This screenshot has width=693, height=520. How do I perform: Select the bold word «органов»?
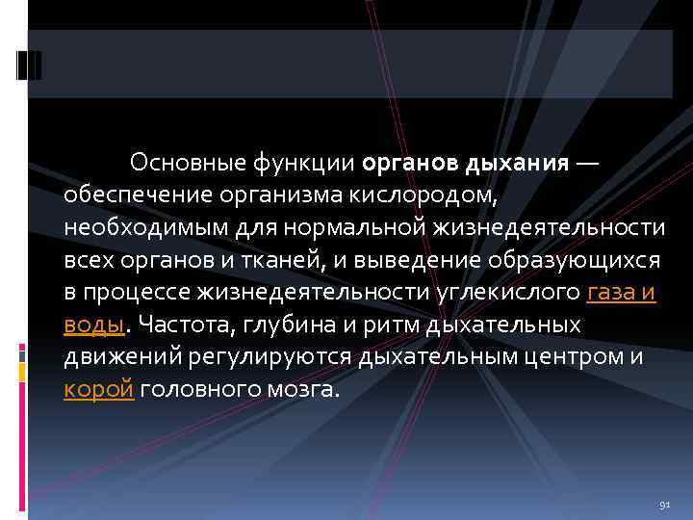pos(412,162)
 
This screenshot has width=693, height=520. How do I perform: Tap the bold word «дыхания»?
pos(517,162)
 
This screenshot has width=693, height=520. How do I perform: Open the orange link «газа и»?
pos(621,293)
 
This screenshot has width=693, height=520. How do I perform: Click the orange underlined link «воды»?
pos(94,325)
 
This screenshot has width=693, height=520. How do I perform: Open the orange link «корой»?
pos(98,391)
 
